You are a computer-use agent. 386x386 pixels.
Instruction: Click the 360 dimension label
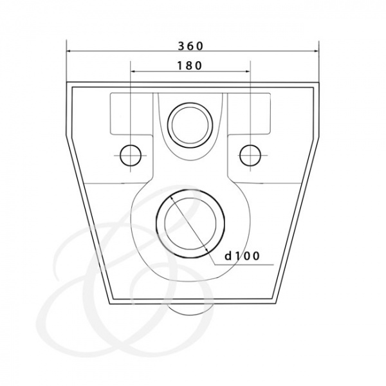pos(191,46)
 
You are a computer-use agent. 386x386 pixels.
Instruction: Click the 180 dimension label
pos(190,66)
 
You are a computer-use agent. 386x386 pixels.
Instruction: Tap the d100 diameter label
pos(243,256)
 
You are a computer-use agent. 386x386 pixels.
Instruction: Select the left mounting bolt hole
pos(131,155)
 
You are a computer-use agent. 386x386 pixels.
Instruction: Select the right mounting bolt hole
pos(250,155)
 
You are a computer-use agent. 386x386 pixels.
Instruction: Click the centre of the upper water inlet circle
pos(190,125)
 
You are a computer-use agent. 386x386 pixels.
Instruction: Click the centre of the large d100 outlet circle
pos(190,224)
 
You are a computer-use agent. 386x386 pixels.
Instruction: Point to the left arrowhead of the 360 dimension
pos(69,51)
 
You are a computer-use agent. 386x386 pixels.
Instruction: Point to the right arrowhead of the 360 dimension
pos(317,51)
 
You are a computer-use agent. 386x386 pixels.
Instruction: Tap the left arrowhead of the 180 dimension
pos(133,71)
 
